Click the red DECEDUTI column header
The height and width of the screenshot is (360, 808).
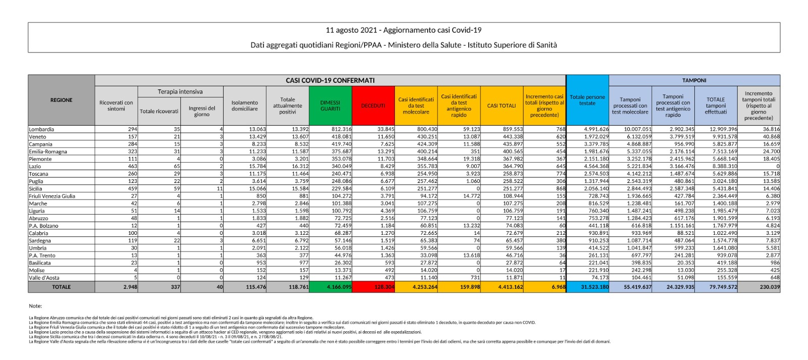[x=373, y=106]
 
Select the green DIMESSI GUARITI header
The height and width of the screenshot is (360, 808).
[x=330, y=106]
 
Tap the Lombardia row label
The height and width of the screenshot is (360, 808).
[x=41, y=129]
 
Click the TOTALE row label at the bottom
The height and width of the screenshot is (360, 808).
[x=61, y=287]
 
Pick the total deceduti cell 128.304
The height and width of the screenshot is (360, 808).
[x=373, y=287]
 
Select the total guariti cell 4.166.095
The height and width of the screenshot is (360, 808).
[x=330, y=287]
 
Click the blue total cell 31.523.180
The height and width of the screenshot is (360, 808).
[x=588, y=287]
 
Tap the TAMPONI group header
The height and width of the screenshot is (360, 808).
[x=694, y=80]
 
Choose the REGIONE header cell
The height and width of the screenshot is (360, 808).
[x=61, y=100]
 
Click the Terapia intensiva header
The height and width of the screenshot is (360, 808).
[x=180, y=91]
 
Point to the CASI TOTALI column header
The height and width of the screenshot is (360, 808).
[x=501, y=106]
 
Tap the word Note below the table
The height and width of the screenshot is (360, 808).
[x=35, y=306]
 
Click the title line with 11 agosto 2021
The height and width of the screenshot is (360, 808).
[x=403, y=30]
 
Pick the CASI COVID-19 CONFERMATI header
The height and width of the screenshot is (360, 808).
[x=330, y=80]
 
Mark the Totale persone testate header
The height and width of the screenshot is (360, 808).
[x=588, y=100]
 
